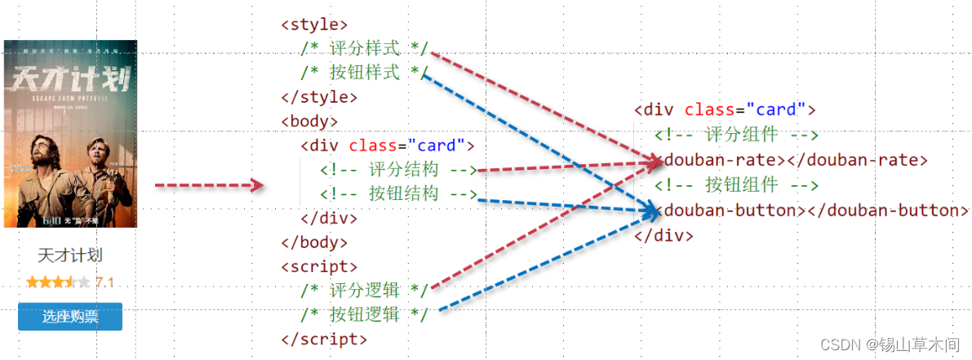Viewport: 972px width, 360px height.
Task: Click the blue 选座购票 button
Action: tap(70, 317)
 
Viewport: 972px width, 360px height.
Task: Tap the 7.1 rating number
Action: tap(104, 282)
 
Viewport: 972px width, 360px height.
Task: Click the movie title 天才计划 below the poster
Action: tap(70, 256)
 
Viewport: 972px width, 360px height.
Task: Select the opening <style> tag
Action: tap(314, 24)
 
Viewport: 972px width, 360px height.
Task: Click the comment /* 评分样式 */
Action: tap(364, 48)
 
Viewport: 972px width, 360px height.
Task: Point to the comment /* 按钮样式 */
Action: tap(364, 73)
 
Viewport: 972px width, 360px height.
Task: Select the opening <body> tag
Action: tap(309, 122)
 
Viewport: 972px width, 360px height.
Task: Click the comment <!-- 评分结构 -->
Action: tap(398, 170)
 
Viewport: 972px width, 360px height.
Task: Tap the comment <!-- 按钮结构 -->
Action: tap(398, 194)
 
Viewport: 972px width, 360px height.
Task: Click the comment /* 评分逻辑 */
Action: tap(364, 291)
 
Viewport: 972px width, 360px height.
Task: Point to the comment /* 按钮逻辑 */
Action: tap(364, 315)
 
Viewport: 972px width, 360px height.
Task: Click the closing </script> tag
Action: tap(324, 339)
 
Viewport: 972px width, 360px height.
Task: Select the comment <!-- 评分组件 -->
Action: tap(736, 135)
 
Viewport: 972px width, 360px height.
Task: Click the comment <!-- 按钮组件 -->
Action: tap(736, 184)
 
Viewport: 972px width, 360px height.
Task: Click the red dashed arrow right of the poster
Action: tap(209, 186)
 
